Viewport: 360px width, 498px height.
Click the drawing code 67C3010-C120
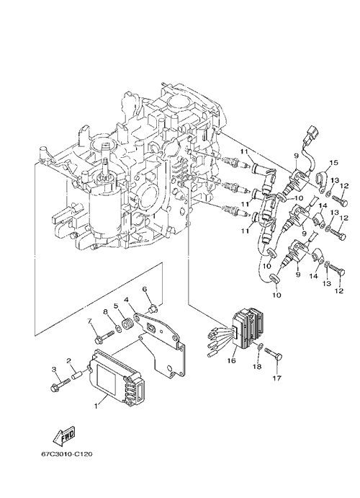67,455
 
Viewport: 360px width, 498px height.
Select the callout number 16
232,360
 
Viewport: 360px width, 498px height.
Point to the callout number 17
277,378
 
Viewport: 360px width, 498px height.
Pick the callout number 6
145,289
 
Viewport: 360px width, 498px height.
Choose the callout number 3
54,369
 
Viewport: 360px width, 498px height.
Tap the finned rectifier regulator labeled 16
247,327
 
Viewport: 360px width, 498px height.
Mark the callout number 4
126,300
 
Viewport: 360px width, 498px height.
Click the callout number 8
106,312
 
